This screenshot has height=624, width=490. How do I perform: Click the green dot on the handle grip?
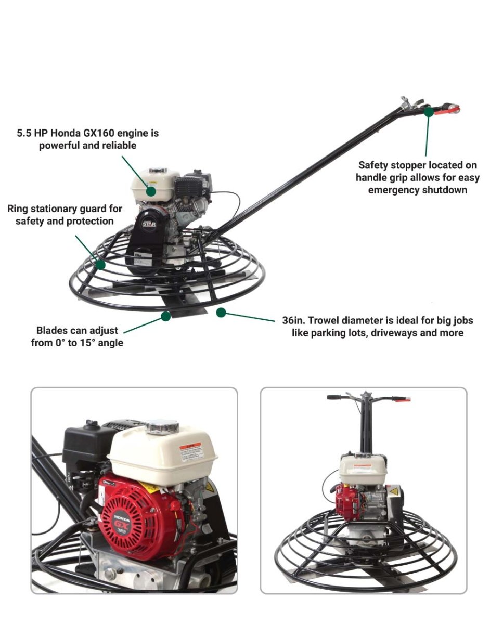point(428,111)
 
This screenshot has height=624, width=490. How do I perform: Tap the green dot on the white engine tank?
point(151,191)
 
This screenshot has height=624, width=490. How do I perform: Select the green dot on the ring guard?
point(100,264)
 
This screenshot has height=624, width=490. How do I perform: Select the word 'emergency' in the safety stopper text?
point(392,190)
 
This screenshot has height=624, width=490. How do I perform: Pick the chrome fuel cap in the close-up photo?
point(162,427)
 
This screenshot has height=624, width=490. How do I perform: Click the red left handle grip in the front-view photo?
point(401,399)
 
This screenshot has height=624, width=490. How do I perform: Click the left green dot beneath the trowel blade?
point(166,316)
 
